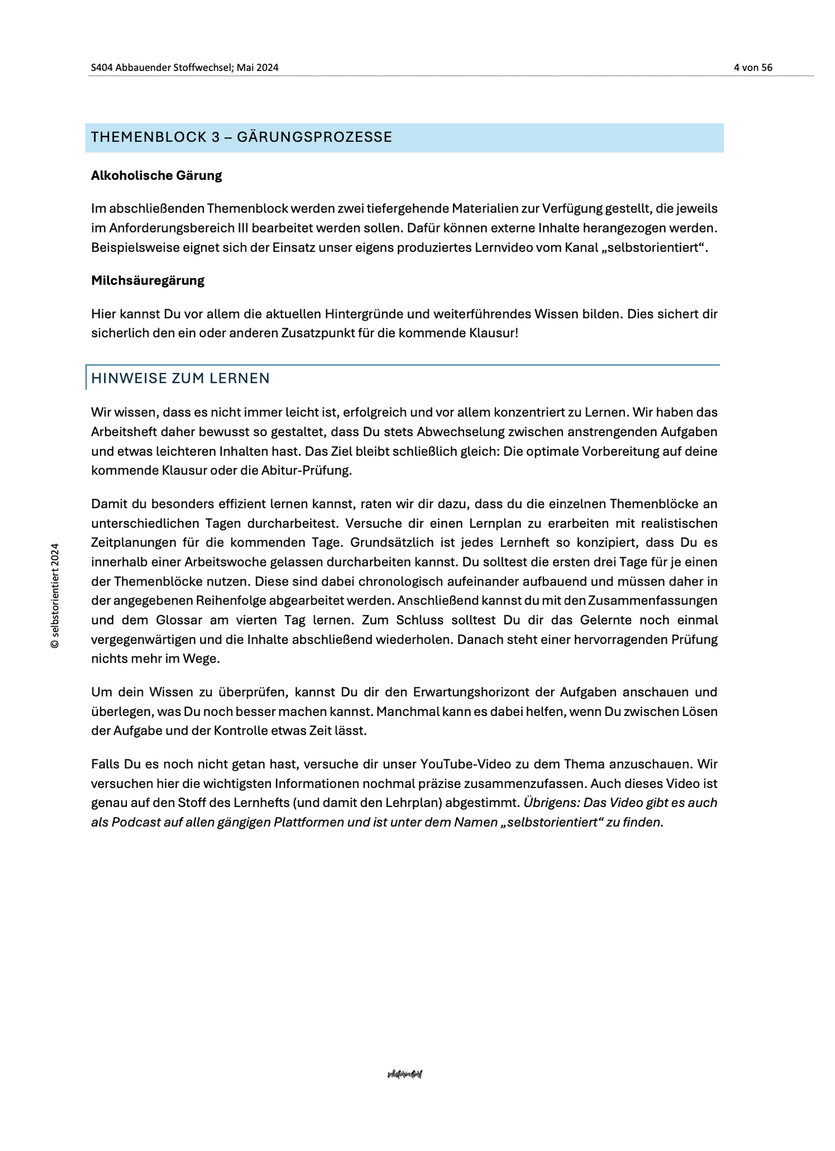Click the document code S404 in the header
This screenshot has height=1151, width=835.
click(102, 67)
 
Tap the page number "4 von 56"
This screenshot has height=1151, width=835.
click(753, 67)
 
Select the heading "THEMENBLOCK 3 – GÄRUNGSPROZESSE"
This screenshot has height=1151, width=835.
click(242, 137)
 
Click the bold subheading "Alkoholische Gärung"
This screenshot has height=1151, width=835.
click(156, 175)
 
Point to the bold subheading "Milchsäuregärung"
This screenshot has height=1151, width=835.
click(148, 280)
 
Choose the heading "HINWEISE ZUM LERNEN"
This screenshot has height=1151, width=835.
click(180, 378)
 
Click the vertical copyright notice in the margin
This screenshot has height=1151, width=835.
click(55, 596)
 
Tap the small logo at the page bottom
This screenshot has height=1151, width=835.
click(405, 1075)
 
